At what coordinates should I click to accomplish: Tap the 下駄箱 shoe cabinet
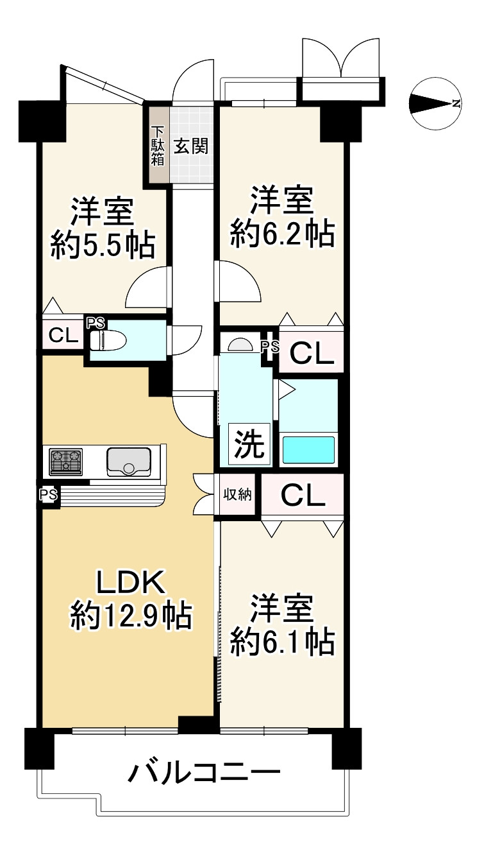pos(157,146)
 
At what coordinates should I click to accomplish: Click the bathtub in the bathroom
pos(308,449)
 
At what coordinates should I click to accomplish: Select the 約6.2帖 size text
pos(282,235)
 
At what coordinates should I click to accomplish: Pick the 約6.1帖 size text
pos(282,641)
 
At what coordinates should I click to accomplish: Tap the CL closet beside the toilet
pos(63,334)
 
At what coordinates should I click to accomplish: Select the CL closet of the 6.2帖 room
pos(312,352)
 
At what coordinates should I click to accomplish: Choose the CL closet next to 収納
pos(303,495)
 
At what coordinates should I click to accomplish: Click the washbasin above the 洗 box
pos(239,345)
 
